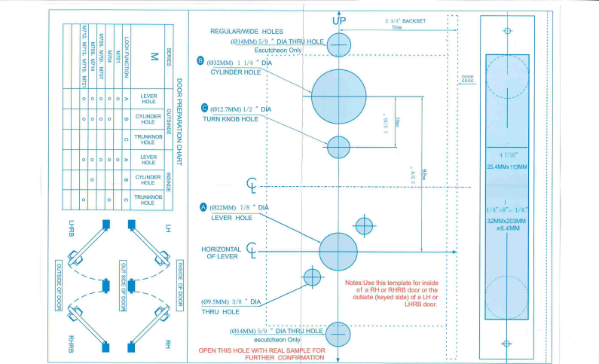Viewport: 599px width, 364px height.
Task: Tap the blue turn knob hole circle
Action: (x=338, y=145)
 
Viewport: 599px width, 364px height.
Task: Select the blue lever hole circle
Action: (x=338, y=252)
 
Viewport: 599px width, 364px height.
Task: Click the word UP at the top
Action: (x=339, y=20)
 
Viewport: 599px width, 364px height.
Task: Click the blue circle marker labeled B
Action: (x=200, y=61)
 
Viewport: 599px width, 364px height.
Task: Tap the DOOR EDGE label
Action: (x=467, y=79)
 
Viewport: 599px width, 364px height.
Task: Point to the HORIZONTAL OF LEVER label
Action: (x=221, y=252)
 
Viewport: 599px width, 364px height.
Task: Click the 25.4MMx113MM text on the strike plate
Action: (x=507, y=166)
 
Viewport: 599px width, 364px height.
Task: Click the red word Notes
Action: (x=354, y=283)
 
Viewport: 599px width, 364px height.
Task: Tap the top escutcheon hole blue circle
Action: (x=339, y=44)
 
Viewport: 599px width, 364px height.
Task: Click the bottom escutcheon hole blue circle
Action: (x=339, y=334)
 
